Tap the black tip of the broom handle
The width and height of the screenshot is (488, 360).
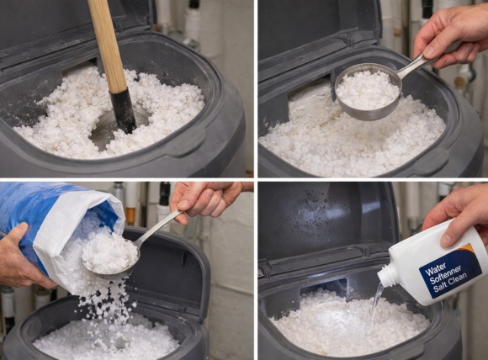click(x=124, y=111)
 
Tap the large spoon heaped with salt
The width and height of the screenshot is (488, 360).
click(x=109, y=252)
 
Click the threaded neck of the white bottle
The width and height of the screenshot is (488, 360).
click(x=389, y=274)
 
